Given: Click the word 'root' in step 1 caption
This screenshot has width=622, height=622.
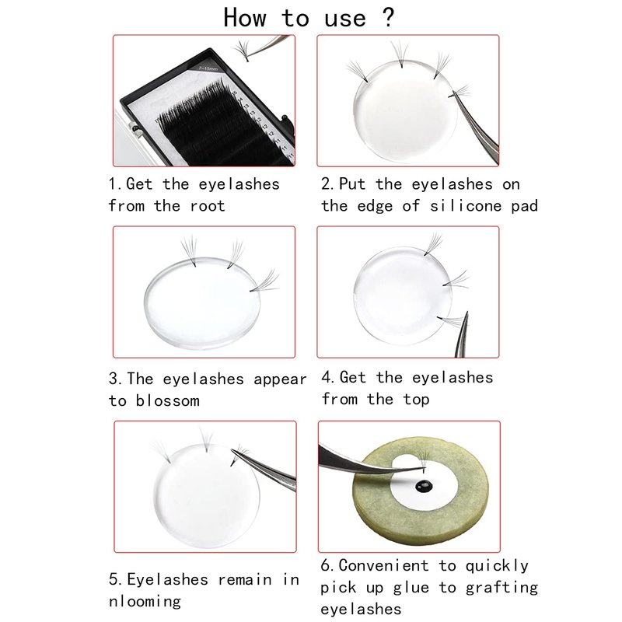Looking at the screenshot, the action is tap(208, 206).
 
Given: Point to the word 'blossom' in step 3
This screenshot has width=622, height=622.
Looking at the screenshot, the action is tap(167, 400).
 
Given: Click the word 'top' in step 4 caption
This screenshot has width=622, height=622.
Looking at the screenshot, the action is tap(416, 400).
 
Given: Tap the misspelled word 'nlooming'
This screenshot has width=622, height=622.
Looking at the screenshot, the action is tap(145, 601).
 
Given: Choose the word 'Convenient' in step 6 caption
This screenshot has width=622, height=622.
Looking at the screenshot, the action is tap(383, 565).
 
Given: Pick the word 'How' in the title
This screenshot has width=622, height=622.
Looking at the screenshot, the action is tap(244, 18).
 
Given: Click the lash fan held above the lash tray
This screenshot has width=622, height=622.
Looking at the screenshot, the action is tap(242, 51).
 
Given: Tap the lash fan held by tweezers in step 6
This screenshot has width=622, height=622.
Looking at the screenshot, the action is tap(423, 460).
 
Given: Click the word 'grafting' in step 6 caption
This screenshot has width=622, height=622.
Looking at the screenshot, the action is tap(501, 588).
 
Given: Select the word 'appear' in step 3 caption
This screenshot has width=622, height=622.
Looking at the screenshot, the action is tap(280, 379).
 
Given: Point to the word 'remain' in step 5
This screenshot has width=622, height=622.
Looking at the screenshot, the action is tap(245, 579).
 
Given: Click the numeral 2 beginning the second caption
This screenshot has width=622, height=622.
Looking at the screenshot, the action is tap(325, 184).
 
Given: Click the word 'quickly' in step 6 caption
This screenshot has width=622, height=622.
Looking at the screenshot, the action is tap(497, 566).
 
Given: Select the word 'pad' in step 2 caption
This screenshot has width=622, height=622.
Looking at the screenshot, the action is tap(524, 206).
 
